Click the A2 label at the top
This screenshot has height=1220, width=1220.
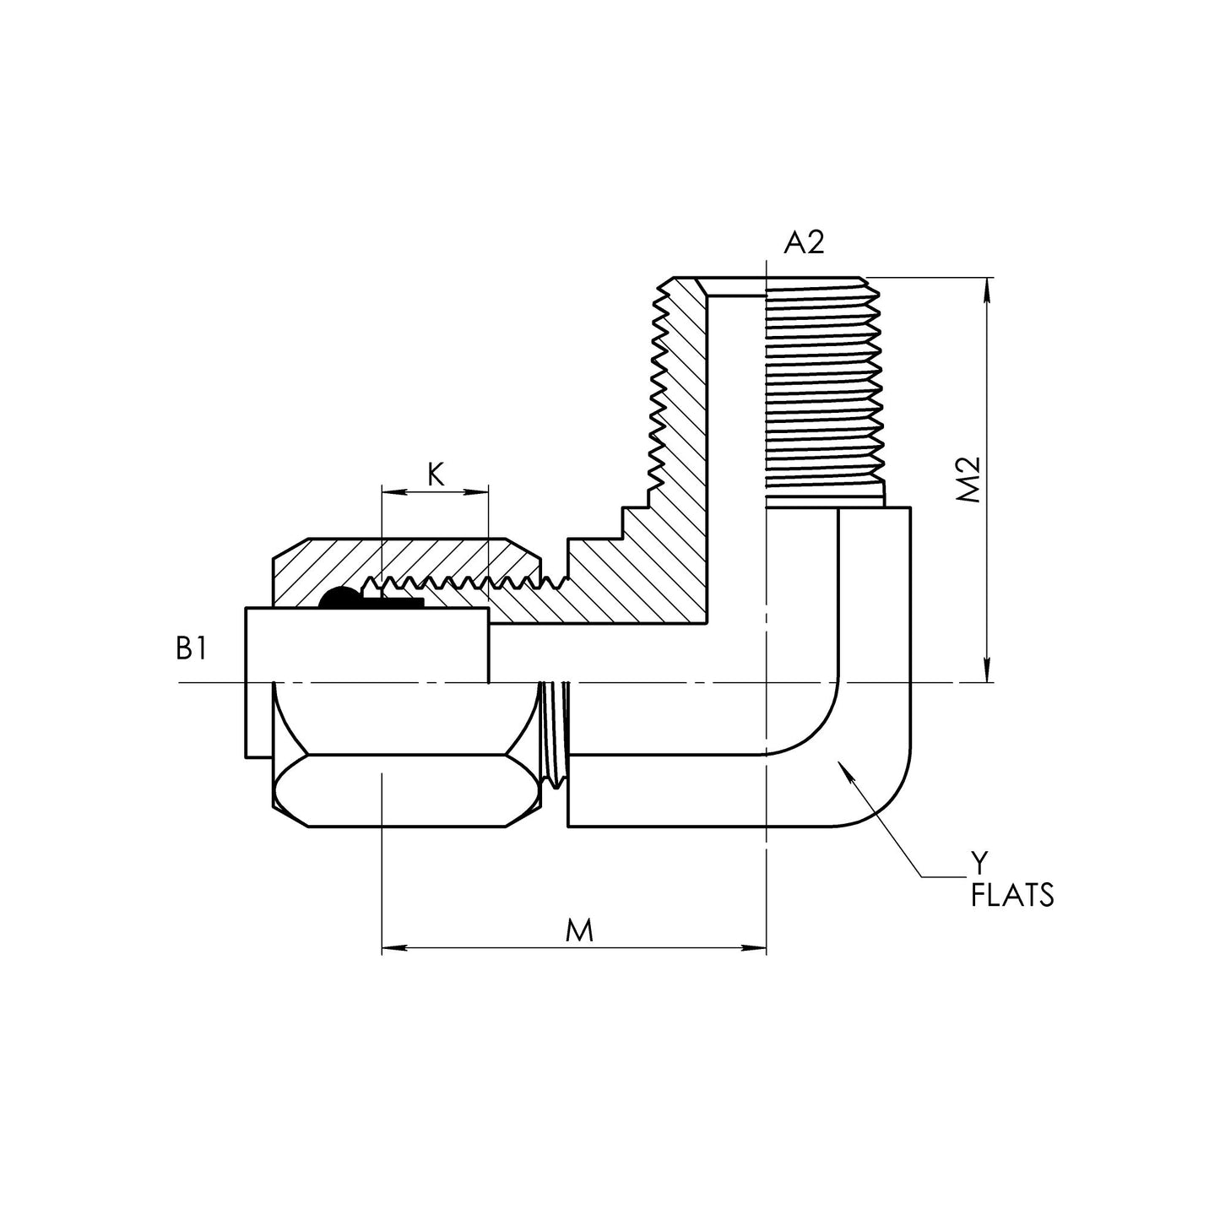tap(803, 243)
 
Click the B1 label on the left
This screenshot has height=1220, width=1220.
tap(191, 648)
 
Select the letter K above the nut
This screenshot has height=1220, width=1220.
tap(435, 475)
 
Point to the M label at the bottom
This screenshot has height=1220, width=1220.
tap(579, 930)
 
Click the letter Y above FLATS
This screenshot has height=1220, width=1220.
tap(978, 863)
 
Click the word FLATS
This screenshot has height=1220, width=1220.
tap(1012, 894)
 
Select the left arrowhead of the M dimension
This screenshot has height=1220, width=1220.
tap(390, 949)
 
